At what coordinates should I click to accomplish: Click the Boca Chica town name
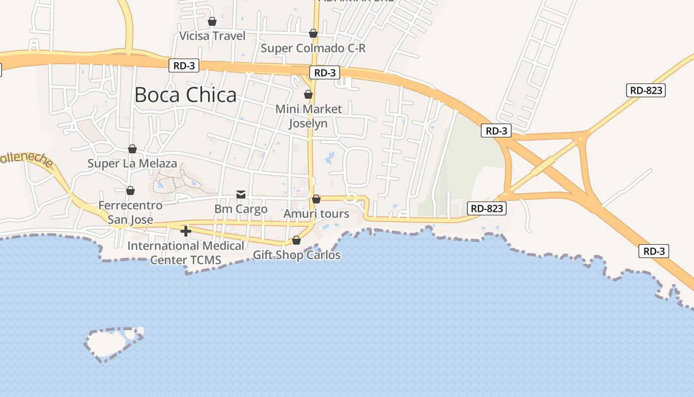pyautogui.click(x=185, y=95)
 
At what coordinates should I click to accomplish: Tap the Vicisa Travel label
pyautogui.click(x=212, y=36)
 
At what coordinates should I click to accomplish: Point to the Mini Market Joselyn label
pyautogui.click(x=308, y=116)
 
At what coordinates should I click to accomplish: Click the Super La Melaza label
pyautogui.click(x=132, y=163)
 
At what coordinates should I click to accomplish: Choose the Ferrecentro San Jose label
pyautogui.click(x=130, y=212)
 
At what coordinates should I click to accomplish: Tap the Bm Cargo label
pyautogui.click(x=241, y=209)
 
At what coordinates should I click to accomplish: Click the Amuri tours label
pyautogui.click(x=316, y=214)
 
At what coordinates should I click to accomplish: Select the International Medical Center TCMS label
pyautogui.click(x=185, y=253)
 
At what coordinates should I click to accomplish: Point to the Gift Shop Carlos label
pyautogui.click(x=296, y=255)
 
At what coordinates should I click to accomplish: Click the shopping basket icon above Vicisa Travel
pyautogui.click(x=212, y=21)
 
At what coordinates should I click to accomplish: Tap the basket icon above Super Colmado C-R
pyautogui.click(x=313, y=33)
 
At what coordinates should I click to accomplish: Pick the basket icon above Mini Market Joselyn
pyautogui.click(x=308, y=94)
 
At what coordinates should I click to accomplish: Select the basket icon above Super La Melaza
pyautogui.click(x=132, y=149)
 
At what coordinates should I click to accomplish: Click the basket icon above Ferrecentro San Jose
pyautogui.click(x=130, y=191)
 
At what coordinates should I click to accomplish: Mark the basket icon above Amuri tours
pyautogui.click(x=316, y=199)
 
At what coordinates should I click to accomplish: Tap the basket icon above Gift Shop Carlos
pyautogui.click(x=296, y=241)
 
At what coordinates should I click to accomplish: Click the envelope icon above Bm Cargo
pyautogui.click(x=241, y=195)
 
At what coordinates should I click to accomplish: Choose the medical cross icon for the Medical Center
pyautogui.click(x=186, y=231)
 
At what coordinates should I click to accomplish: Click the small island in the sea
pyautogui.click(x=112, y=343)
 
